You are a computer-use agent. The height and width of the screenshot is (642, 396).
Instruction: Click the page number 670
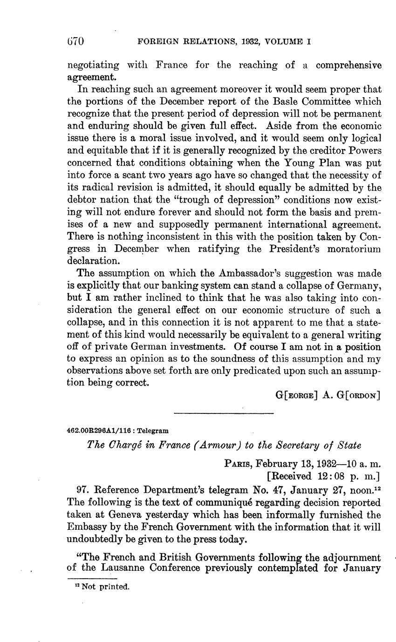click(75, 41)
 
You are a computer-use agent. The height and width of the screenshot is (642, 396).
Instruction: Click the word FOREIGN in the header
click(157, 42)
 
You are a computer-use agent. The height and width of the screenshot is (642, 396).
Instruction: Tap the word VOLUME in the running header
click(284, 42)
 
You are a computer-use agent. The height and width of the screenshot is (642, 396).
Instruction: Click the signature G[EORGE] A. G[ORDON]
click(328, 396)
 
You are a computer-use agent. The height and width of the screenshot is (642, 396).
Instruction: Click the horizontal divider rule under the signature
click(223, 413)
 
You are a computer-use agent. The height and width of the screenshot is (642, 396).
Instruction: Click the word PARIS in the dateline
click(238, 464)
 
